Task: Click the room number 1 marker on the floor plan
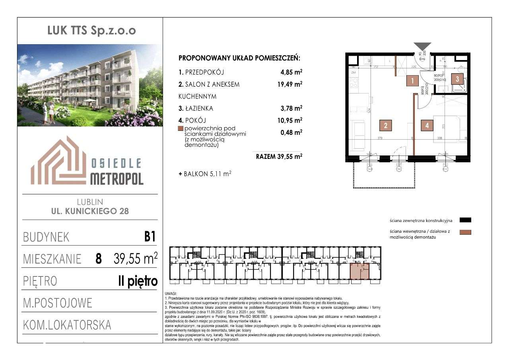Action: [413, 82]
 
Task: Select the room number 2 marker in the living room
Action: [385, 125]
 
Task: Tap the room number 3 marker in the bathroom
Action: [457, 79]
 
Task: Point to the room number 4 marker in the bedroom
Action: [427, 125]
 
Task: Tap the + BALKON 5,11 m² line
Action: [205, 173]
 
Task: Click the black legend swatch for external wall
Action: [465, 220]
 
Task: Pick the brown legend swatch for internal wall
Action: [465, 232]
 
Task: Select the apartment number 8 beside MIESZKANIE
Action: [98, 259]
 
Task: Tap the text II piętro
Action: [138, 281]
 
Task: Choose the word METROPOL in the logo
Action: [117, 179]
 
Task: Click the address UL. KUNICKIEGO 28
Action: [90, 211]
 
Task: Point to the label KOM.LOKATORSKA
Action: [67, 325]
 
